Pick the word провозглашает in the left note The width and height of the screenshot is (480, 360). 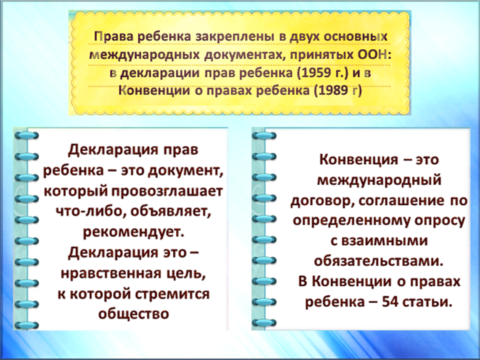[x=167, y=192]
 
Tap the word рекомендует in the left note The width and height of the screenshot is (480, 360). [x=134, y=232]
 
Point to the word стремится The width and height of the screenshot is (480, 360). [x=172, y=294]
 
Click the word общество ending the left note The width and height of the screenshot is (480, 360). [x=133, y=314]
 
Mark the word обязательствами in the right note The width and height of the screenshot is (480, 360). [x=378, y=261]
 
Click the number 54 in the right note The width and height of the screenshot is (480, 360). [x=389, y=302]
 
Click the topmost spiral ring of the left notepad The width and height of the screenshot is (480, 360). [x=26, y=135]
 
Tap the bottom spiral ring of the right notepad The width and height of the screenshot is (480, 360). [x=264, y=322]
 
